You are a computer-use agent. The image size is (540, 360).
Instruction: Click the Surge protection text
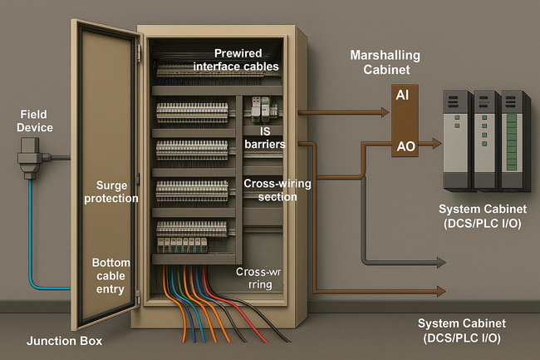[x=116, y=191]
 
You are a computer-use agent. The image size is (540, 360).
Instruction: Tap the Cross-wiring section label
[x=270, y=190]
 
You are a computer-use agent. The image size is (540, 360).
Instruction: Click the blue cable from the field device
[x=31, y=241]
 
